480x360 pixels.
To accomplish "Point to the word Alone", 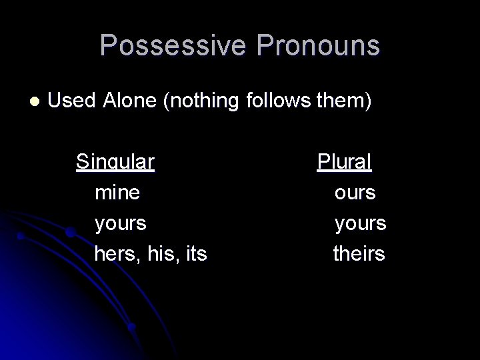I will click(x=132, y=101).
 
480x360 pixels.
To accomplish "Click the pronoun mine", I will click(x=117, y=193).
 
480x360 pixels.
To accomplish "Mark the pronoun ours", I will click(x=355, y=193).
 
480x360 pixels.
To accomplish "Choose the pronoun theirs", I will click(x=359, y=254).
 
